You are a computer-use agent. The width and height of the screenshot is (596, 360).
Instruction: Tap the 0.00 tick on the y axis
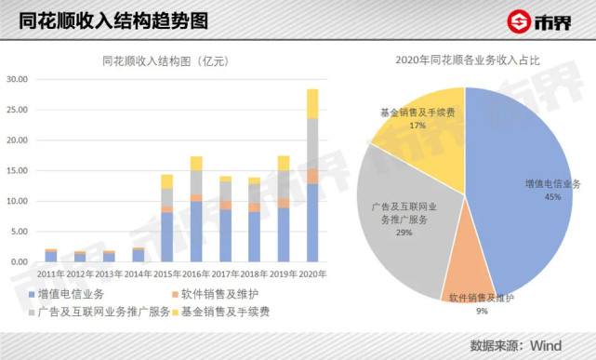(21, 262)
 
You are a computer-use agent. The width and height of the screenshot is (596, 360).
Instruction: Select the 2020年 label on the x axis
(311, 274)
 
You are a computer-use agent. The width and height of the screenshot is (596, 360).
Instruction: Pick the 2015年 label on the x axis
(167, 274)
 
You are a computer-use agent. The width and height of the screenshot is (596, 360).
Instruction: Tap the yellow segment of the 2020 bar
(312, 103)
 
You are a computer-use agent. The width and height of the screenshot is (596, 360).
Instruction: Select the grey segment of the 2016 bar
(196, 182)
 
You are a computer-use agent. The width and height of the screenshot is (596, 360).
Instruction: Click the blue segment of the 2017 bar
(225, 235)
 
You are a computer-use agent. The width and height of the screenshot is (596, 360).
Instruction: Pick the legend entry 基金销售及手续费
(223, 312)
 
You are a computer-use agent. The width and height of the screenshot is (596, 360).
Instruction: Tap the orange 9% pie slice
(468, 279)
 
